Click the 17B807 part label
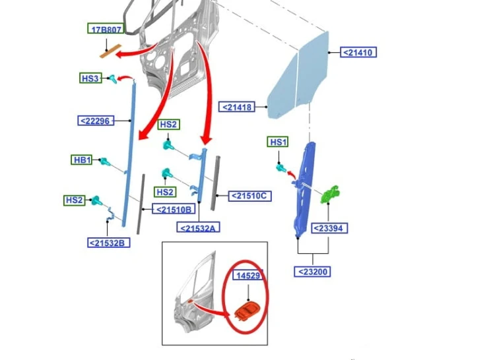pos(106,29)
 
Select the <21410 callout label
pos(358,52)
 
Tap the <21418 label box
pos(237,107)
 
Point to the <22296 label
pos(96,121)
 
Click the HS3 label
pos(90,78)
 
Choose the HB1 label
pos(82,160)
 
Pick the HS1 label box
pos(278,142)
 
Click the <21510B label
pos(174,209)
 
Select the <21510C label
pos(249,196)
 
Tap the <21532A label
pos(198,227)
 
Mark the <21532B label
pos(109,243)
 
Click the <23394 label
pos(329,228)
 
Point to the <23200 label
pos(312,272)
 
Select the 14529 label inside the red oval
pos(247,275)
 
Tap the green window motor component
pos(330,195)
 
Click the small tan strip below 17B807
pos(110,51)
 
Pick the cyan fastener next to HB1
pos(105,162)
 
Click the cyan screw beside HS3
pos(113,79)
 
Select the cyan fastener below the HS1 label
pos(281,168)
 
